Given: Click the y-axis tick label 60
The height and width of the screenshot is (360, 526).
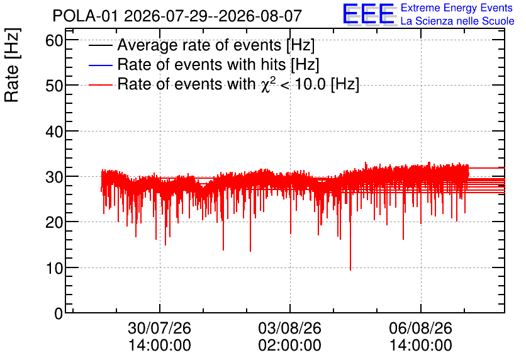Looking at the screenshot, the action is (54, 41).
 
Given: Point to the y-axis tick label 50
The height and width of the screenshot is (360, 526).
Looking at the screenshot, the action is (54, 86).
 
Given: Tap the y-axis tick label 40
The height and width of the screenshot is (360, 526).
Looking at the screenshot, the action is (54, 132).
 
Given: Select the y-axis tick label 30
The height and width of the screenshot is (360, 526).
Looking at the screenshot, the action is (54, 177).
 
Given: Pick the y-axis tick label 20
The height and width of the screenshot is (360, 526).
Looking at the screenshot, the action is (54, 222).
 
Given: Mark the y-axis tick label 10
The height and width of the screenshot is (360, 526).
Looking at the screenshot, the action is (54, 268).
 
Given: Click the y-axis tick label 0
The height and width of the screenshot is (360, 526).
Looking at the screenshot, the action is (59, 313).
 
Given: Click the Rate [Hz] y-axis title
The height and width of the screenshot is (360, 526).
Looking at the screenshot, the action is (12, 65).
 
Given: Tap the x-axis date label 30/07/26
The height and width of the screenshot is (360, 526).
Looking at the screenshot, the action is (159, 328).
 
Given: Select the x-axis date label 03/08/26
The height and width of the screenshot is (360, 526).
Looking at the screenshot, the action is (290, 328).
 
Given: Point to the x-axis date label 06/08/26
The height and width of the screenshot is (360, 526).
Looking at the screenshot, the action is (421, 328).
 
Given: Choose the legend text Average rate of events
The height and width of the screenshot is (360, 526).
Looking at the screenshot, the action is (199, 45).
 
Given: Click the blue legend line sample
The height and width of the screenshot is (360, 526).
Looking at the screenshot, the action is (100, 65).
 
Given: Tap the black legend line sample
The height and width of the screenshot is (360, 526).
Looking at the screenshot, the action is (100, 45).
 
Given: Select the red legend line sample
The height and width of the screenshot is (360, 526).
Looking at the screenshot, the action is (100, 85).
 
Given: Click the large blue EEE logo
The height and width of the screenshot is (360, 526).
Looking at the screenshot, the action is (368, 14).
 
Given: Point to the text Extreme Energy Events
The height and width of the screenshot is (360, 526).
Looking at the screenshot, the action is (457, 8).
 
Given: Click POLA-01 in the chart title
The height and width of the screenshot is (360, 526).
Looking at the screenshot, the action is (85, 16).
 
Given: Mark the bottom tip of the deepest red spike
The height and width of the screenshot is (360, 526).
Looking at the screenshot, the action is (350, 270).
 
